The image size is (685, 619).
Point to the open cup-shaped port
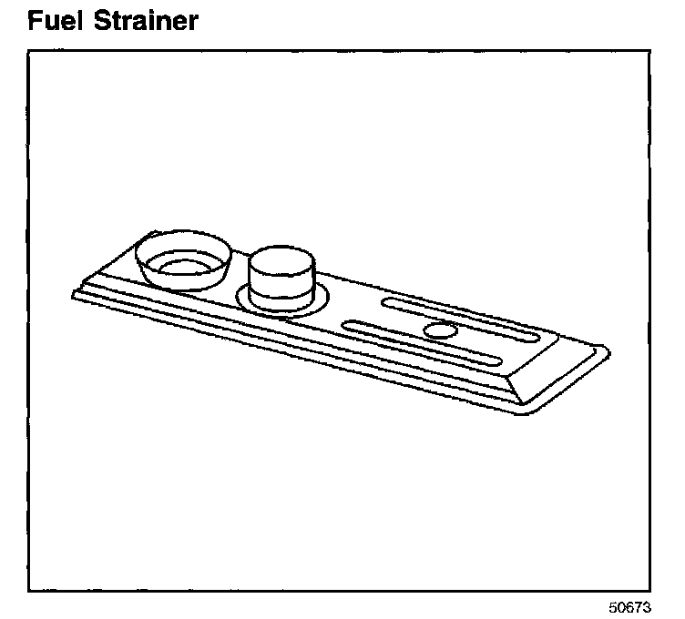(x=183, y=259)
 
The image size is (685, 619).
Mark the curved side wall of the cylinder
(x=282, y=284)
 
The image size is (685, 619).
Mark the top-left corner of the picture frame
(x=28, y=50)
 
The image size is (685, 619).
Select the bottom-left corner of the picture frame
(x=28, y=591)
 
